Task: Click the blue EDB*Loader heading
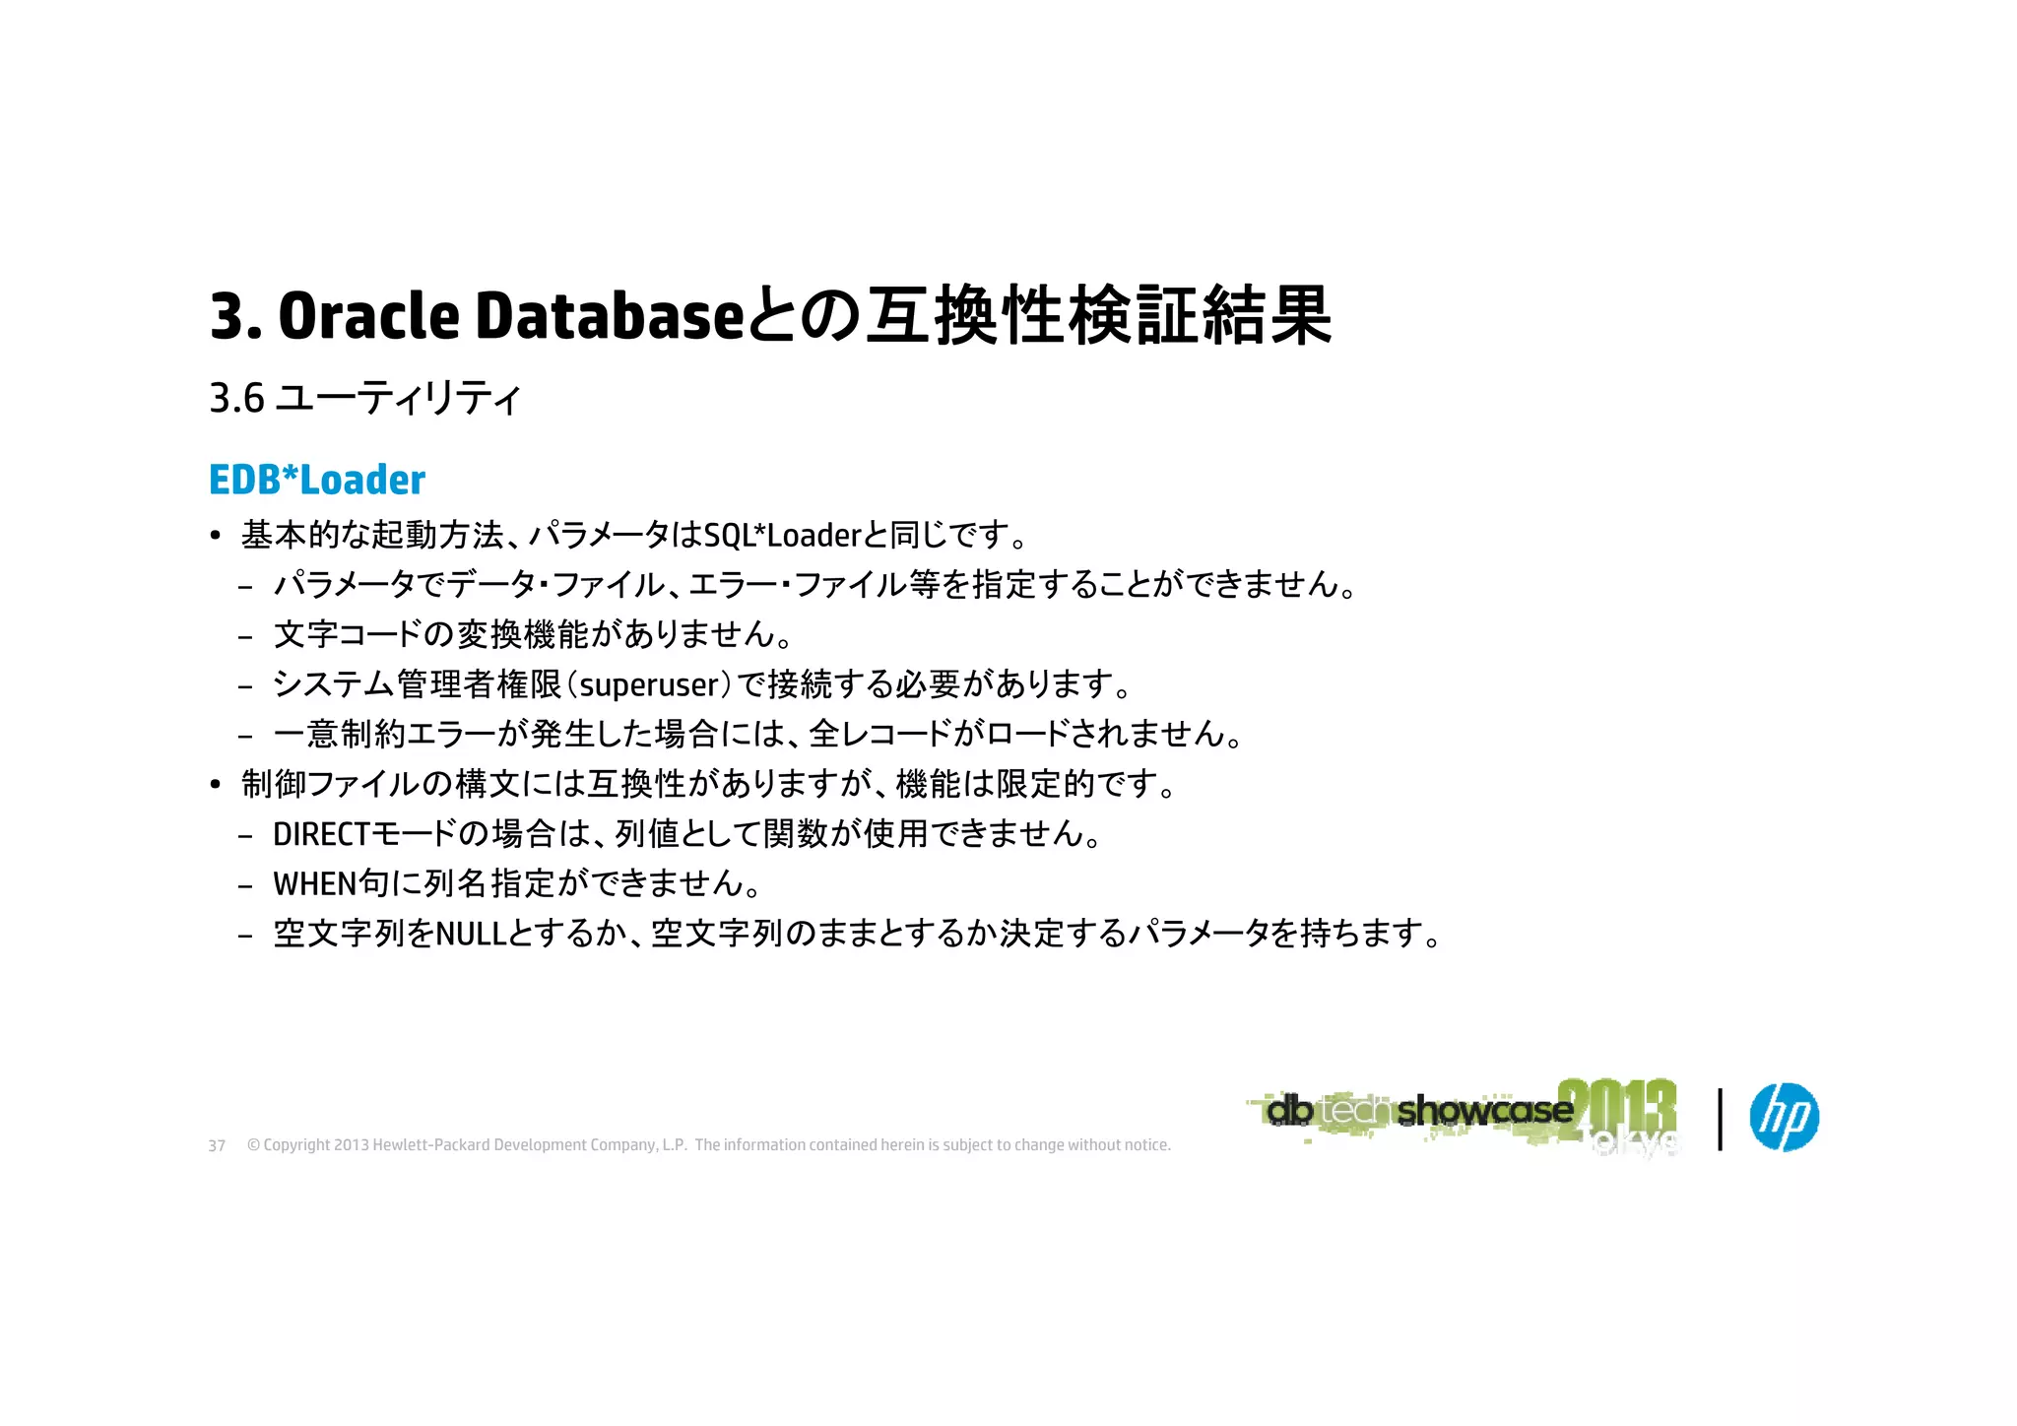(x=317, y=481)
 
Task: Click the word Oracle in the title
(x=368, y=317)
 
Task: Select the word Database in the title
(x=609, y=317)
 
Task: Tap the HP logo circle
(x=1784, y=1117)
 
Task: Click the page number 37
(x=217, y=1146)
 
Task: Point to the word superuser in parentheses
(x=650, y=684)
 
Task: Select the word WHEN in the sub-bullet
(x=314, y=884)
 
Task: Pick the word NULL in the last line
(x=471, y=934)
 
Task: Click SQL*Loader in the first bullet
(x=783, y=536)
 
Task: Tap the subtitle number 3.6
(x=236, y=399)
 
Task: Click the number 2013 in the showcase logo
(x=1617, y=1108)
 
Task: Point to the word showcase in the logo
(x=1484, y=1111)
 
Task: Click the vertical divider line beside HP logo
(x=1720, y=1119)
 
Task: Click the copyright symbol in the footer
(x=253, y=1145)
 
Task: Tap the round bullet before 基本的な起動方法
(x=216, y=537)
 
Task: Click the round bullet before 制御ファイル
(x=216, y=785)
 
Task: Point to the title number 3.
(x=228, y=317)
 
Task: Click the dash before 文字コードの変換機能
(x=245, y=636)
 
